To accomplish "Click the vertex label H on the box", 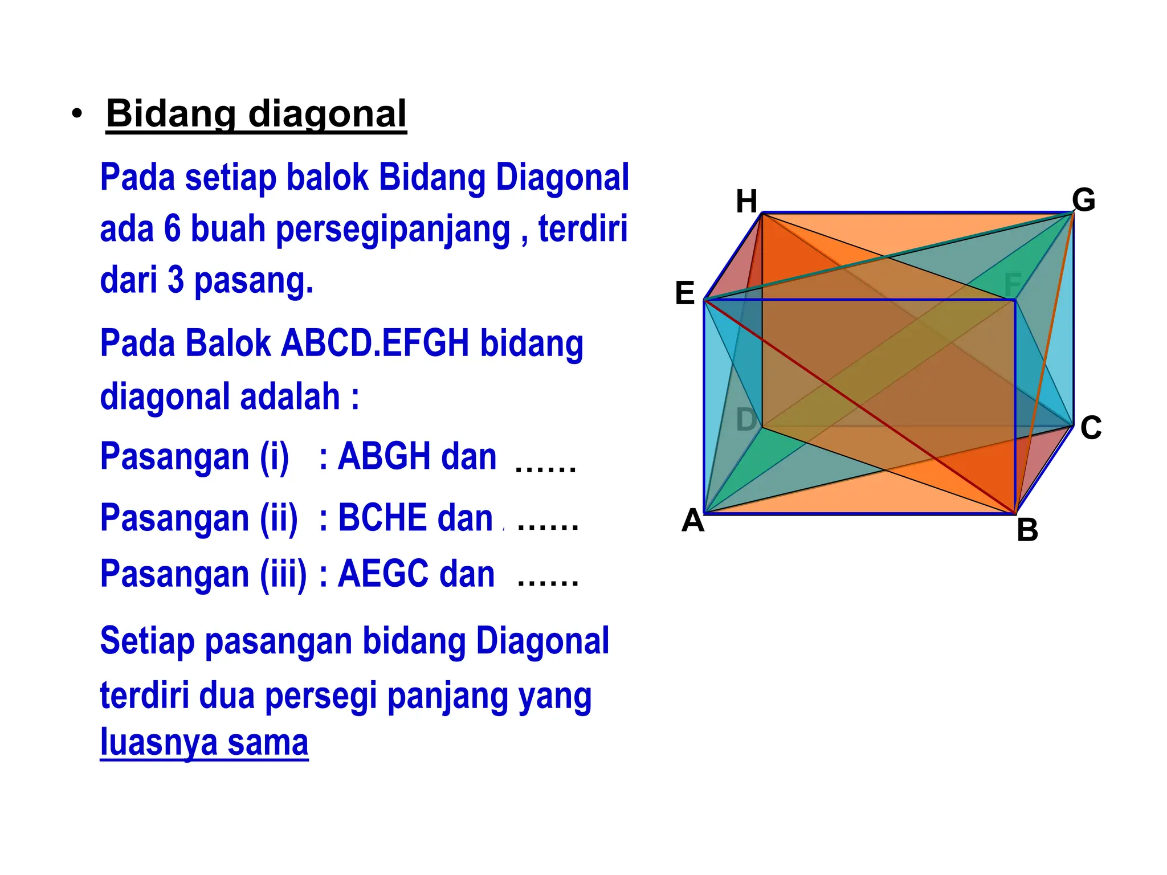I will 746,202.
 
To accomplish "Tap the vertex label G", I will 1083,200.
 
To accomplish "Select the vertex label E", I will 685,293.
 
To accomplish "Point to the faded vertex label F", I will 1013,284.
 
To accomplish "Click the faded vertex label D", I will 746,420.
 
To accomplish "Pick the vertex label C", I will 1091,428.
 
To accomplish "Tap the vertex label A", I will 693,521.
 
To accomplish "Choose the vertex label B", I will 1027,530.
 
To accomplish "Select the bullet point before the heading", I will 77,114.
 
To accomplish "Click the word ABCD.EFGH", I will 376,344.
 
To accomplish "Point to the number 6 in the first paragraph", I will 172,229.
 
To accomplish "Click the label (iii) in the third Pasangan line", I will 283,574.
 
